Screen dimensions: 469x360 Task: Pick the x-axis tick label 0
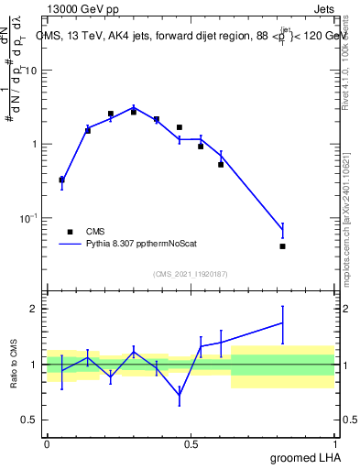pos(47,442)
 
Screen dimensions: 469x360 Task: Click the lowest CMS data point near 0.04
pos(282,245)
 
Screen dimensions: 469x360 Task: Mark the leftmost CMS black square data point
pos(61,180)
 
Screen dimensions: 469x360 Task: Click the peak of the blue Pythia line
pos(134,107)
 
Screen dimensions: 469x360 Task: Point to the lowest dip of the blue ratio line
pos(180,394)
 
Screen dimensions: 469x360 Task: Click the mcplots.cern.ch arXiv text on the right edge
pos(351,202)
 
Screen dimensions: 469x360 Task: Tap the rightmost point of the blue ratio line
pos(282,322)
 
